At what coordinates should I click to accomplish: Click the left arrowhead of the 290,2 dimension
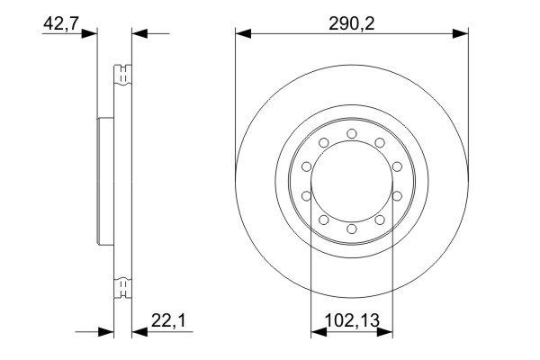click(241, 35)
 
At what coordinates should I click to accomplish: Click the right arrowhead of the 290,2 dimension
click(462, 35)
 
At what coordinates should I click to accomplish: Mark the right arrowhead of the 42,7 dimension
click(139, 35)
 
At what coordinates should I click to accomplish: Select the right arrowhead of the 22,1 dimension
click(139, 332)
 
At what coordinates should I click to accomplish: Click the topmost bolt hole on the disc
click(351, 135)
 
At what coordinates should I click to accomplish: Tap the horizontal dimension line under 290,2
click(351, 35)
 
